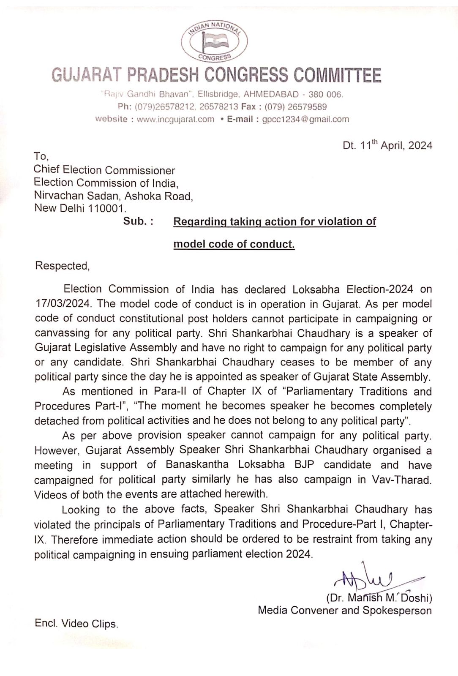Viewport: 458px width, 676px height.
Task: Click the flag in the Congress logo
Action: [214, 41]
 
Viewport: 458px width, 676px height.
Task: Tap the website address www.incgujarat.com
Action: [175, 119]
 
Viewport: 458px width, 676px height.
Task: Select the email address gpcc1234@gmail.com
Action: [305, 119]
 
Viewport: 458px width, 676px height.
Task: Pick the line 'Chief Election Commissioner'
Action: [104, 170]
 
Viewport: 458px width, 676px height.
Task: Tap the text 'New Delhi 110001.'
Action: [80, 208]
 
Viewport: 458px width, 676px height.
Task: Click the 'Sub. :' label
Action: [138, 221]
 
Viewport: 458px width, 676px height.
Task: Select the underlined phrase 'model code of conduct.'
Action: [234, 244]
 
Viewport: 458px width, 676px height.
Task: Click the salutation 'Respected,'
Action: [62, 266]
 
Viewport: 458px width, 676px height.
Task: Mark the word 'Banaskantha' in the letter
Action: [197, 465]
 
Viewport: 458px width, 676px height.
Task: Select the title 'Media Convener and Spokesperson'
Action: [345, 611]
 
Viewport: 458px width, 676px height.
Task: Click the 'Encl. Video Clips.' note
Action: [76, 624]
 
